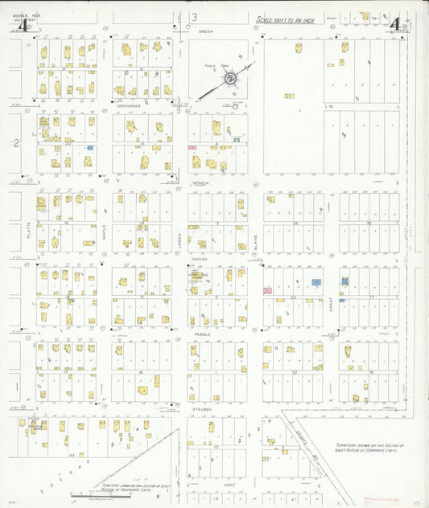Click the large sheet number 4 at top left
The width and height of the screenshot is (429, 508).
[x=24, y=25]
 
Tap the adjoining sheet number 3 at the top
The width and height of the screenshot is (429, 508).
[x=194, y=17]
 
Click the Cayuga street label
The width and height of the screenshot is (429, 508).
[x=200, y=260]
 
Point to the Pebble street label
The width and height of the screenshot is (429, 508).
[x=200, y=334]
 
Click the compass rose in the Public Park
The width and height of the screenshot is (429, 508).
[x=231, y=78]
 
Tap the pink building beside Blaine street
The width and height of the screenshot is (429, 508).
[x=267, y=291]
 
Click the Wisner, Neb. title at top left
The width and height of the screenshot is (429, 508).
[x=21, y=12]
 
